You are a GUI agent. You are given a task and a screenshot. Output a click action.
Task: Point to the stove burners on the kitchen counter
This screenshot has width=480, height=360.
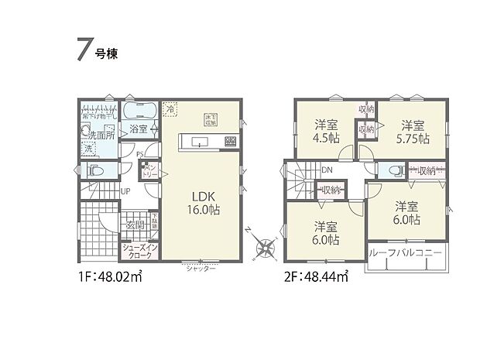tap(229, 142)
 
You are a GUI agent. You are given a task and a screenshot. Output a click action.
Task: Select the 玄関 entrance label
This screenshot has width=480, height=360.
tap(127, 225)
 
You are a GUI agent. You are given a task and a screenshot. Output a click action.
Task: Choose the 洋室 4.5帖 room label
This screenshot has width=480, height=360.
tap(326, 132)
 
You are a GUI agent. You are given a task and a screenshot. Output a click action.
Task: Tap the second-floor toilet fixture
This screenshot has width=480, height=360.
tap(393, 171)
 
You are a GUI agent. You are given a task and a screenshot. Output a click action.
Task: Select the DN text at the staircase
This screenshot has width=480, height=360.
tap(327, 170)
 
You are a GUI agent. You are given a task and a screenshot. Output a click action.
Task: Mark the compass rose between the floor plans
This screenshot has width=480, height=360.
tap(266, 248)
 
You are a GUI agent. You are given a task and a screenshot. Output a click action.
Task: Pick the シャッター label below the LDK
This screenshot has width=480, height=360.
tap(201, 268)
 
